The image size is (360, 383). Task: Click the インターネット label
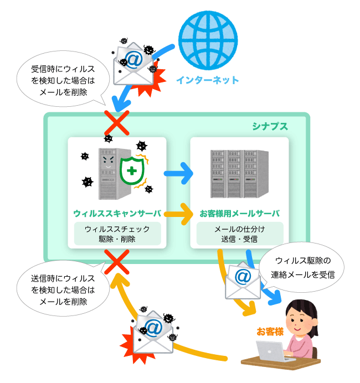pos(208,80)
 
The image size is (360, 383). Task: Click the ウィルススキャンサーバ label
pos(117,213)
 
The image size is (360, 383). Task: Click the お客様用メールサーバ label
pos(239,213)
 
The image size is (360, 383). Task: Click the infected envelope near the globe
pos(135,65)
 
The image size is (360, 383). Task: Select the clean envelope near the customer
pos(243,280)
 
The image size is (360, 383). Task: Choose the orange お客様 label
pos(270,332)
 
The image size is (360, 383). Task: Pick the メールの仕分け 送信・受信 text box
pos(239,234)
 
